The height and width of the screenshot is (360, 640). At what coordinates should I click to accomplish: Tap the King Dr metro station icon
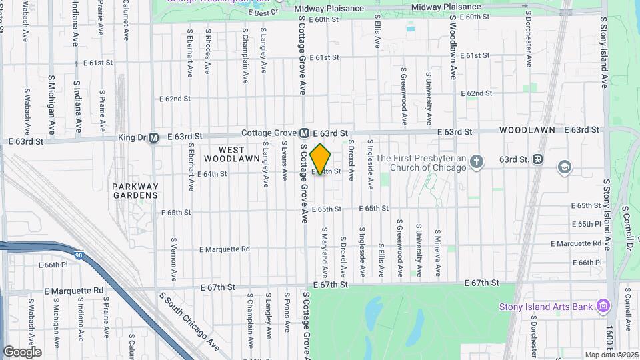tap(154, 137)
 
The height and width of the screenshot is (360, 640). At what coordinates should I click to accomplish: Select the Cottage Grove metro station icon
tap(304, 133)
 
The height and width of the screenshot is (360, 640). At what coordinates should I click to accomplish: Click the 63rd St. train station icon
tap(538, 159)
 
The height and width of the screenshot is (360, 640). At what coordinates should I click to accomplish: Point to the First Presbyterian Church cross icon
tap(476, 161)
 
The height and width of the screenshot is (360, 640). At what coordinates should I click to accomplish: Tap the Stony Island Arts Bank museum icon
tap(603, 306)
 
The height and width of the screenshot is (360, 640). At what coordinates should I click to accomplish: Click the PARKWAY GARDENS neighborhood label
tap(135, 191)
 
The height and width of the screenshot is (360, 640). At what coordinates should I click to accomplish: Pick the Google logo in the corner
tap(22, 351)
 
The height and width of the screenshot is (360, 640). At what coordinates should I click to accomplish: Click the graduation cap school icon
tap(564, 166)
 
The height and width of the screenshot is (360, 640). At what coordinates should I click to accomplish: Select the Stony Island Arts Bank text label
tap(546, 307)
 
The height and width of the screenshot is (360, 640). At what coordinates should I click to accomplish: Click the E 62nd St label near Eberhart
tap(175, 99)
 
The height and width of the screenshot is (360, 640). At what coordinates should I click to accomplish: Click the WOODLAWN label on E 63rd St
tap(523, 130)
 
